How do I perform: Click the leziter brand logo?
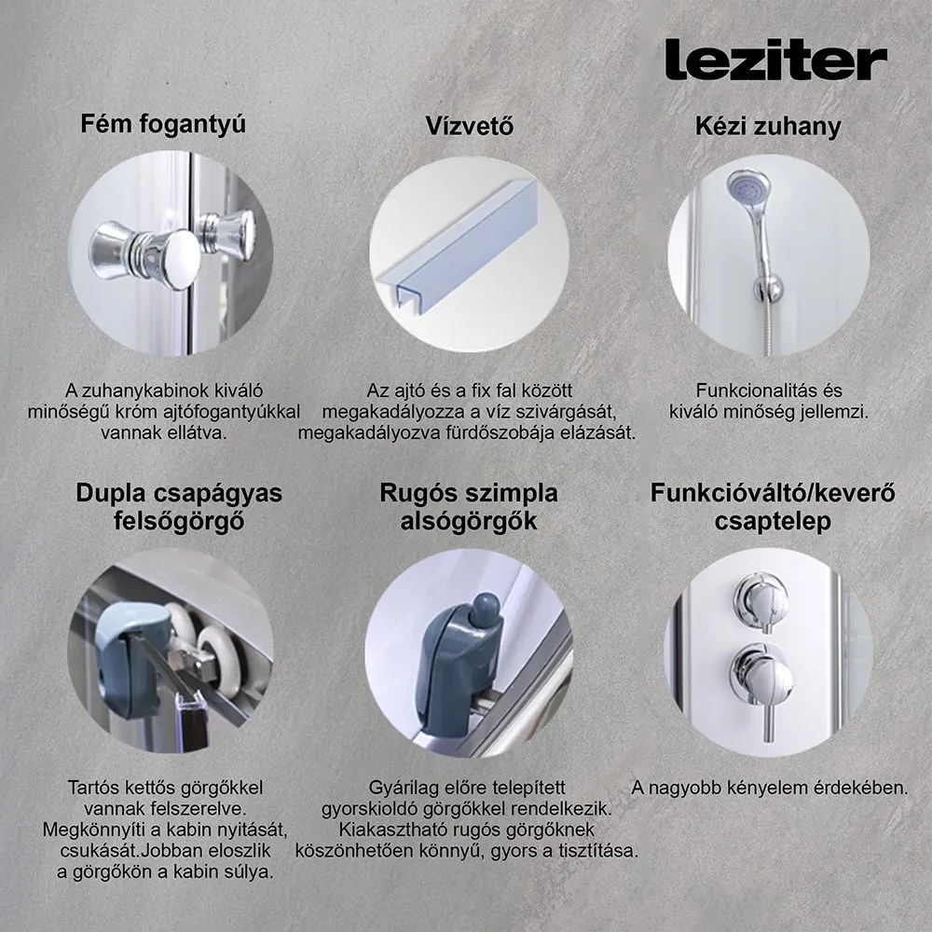click(x=775, y=61)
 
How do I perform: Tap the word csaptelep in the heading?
click(x=774, y=522)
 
